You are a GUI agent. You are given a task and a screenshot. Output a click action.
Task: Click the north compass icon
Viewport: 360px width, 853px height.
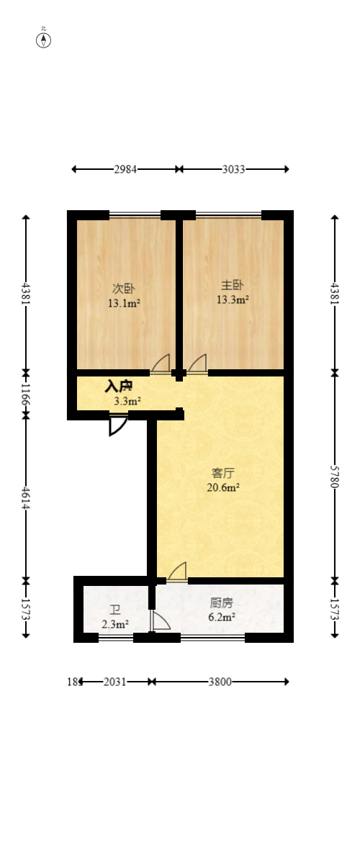point(44,39)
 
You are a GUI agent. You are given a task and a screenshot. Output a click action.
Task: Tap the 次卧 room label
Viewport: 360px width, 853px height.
point(124,289)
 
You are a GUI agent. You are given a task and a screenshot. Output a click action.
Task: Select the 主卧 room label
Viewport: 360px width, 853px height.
point(233,285)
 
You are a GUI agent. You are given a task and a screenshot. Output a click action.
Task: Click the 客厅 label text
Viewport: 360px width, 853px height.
point(223,473)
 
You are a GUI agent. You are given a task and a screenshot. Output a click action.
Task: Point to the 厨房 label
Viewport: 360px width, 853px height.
point(221,603)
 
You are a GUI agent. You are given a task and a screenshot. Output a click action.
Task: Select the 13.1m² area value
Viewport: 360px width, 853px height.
point(124,303)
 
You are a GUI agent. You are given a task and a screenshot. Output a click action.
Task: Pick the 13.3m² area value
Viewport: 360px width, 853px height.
point(233,299)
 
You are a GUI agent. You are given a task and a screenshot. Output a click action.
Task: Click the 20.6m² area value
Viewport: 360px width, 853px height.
point(223,487)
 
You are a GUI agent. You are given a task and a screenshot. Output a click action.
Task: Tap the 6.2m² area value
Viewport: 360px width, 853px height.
point(221,617)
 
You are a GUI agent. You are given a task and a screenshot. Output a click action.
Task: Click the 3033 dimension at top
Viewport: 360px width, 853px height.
point(233,169)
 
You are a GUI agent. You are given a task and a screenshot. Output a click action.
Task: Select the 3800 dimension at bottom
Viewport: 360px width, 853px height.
point(220,682)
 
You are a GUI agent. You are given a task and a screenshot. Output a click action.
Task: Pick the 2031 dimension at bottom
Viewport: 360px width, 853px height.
point(116,682)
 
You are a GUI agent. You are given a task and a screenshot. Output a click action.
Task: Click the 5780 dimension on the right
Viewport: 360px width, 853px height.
point(334,476)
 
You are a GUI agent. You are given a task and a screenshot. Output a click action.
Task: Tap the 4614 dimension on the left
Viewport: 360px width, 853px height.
point(26,497)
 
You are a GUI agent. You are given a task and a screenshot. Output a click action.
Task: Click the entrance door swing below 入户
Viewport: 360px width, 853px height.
point(117,425)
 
